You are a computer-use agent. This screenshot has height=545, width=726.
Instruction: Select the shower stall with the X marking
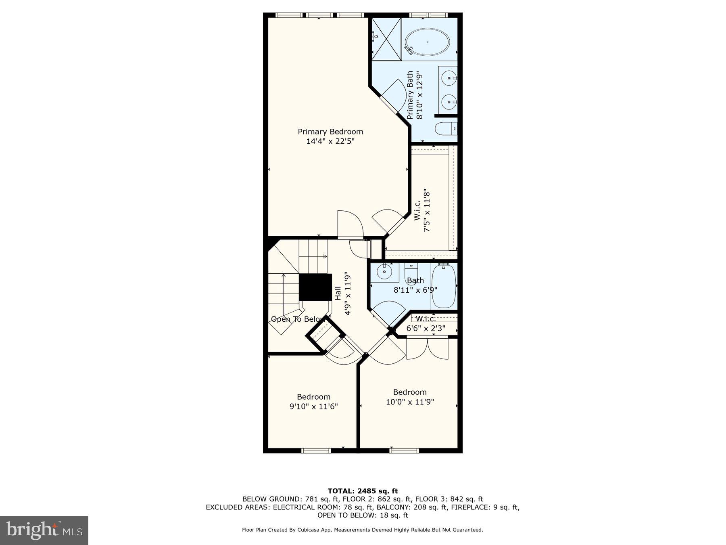pyautogui.click(x=386, y=39)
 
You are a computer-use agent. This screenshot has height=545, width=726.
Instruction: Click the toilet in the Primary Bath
pyautogui.click(x=446, y=129)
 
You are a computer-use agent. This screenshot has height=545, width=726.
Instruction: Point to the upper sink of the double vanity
pyautogui.click(x=449, y=78)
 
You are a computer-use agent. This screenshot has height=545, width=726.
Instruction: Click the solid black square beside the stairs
pyautogui.click(x=315, y=287)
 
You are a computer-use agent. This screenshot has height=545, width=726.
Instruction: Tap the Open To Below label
pyautogui.click(x=297, y=319)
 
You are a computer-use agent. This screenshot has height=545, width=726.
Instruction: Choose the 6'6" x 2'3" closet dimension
pyautogui.click(x=426, y=328)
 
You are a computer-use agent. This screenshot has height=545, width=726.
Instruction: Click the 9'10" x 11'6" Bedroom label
pyautogui.click(x=314, y=402)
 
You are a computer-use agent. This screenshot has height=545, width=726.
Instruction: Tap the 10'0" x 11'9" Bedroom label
pyautogui.click(x=410, y=397)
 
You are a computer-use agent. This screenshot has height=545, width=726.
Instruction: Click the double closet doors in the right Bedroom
pyautogui.click(x=427, y=348)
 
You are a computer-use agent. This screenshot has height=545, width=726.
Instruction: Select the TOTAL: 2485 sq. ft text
pyautogui.click(x=363, y=491)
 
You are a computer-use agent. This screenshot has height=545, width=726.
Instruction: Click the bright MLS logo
pyautogui.click(x=44, y=530)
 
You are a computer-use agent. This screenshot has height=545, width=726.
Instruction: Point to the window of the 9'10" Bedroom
pyautogui.click(x=316, y=451)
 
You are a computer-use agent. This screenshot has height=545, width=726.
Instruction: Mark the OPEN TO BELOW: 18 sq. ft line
pyautogui.click(x=363, y=515)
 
